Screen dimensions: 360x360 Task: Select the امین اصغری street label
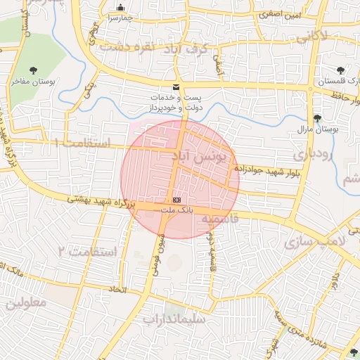[278, 13]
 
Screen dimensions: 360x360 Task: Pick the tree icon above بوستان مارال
[316, 118]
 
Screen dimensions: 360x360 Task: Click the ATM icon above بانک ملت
[176, 200]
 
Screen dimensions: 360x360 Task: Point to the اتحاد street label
[117, 290]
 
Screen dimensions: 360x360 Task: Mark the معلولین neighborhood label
[27, 303]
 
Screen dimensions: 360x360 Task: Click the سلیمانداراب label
[173, 319]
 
